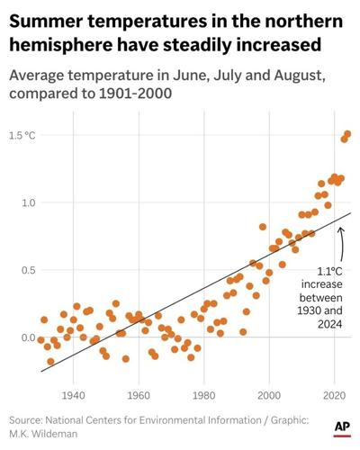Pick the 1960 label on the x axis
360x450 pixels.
(x=139, y=394)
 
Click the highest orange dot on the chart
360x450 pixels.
(x=348, y=134)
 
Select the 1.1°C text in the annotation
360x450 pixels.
(x=329, y=271)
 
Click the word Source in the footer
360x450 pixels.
(x=28, y=419)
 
